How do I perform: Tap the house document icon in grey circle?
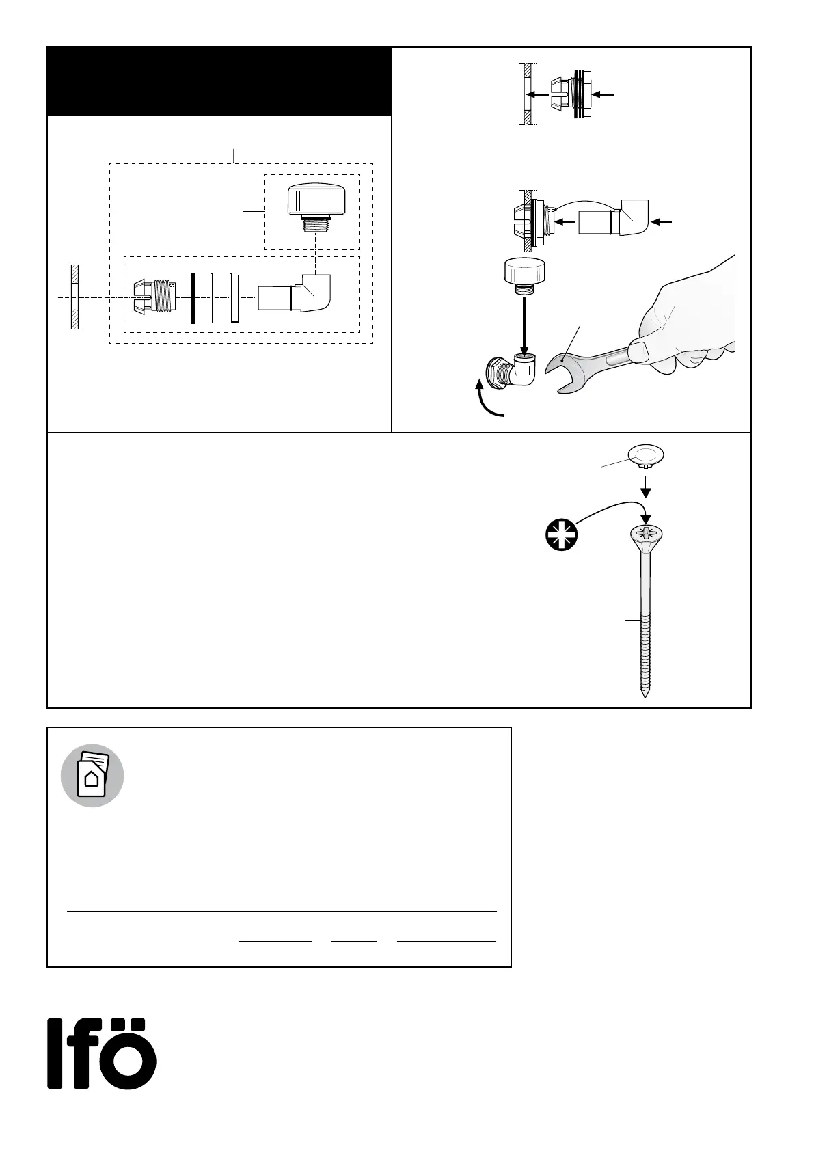tap(92, 775)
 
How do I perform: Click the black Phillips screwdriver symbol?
tap(561, 534)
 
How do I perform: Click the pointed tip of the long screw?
tap(645, 693)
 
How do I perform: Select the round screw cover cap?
tap(646, 455)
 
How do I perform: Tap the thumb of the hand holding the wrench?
tap(639, 351)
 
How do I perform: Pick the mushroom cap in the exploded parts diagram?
tap(312, 202)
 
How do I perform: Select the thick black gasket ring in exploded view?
tap(193, 297)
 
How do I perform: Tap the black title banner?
tap(219, 81)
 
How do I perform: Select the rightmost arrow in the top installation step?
tap(605, 94)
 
